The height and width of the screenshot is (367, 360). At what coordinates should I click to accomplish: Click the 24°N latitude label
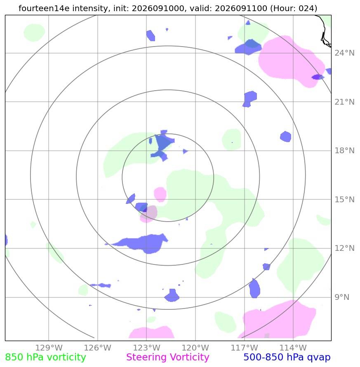coord(344,53)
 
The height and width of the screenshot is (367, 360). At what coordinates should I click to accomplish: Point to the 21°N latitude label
coord(344,102)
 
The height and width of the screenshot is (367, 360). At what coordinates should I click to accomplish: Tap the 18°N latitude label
coord(344,150)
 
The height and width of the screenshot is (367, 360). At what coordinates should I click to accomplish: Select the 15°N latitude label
coord(344,199)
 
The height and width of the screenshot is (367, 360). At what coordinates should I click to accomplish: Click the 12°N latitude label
coord(344,248)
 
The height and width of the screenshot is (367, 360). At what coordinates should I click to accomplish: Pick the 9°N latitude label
coord(342,297)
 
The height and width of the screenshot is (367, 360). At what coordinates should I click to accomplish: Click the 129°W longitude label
coord(49,348)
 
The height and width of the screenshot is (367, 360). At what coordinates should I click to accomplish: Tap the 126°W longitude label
coord(97,348)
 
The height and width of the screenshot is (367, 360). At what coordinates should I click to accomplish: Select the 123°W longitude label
coord(146,348)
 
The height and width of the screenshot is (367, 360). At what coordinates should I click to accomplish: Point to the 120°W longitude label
coord(195,348)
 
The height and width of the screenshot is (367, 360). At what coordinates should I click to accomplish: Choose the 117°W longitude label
coord(244,348)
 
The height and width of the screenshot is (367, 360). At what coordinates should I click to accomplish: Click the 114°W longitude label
coord(293,348)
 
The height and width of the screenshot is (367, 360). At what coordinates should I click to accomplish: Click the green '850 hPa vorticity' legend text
coord(45,358)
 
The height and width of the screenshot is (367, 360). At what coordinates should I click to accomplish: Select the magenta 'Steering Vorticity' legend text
coord(167,358)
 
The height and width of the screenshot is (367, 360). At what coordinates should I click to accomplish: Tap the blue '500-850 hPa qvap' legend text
coord(287,358)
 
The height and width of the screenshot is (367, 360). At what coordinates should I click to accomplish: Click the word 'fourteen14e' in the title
coord(44,8)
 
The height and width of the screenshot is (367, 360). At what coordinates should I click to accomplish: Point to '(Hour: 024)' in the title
coord(294,8)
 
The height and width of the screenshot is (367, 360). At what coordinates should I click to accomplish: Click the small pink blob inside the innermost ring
coord(160,194)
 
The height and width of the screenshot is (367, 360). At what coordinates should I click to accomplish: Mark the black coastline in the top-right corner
coord(324,30)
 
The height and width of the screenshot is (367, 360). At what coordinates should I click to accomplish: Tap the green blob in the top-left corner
coord(34,33)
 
